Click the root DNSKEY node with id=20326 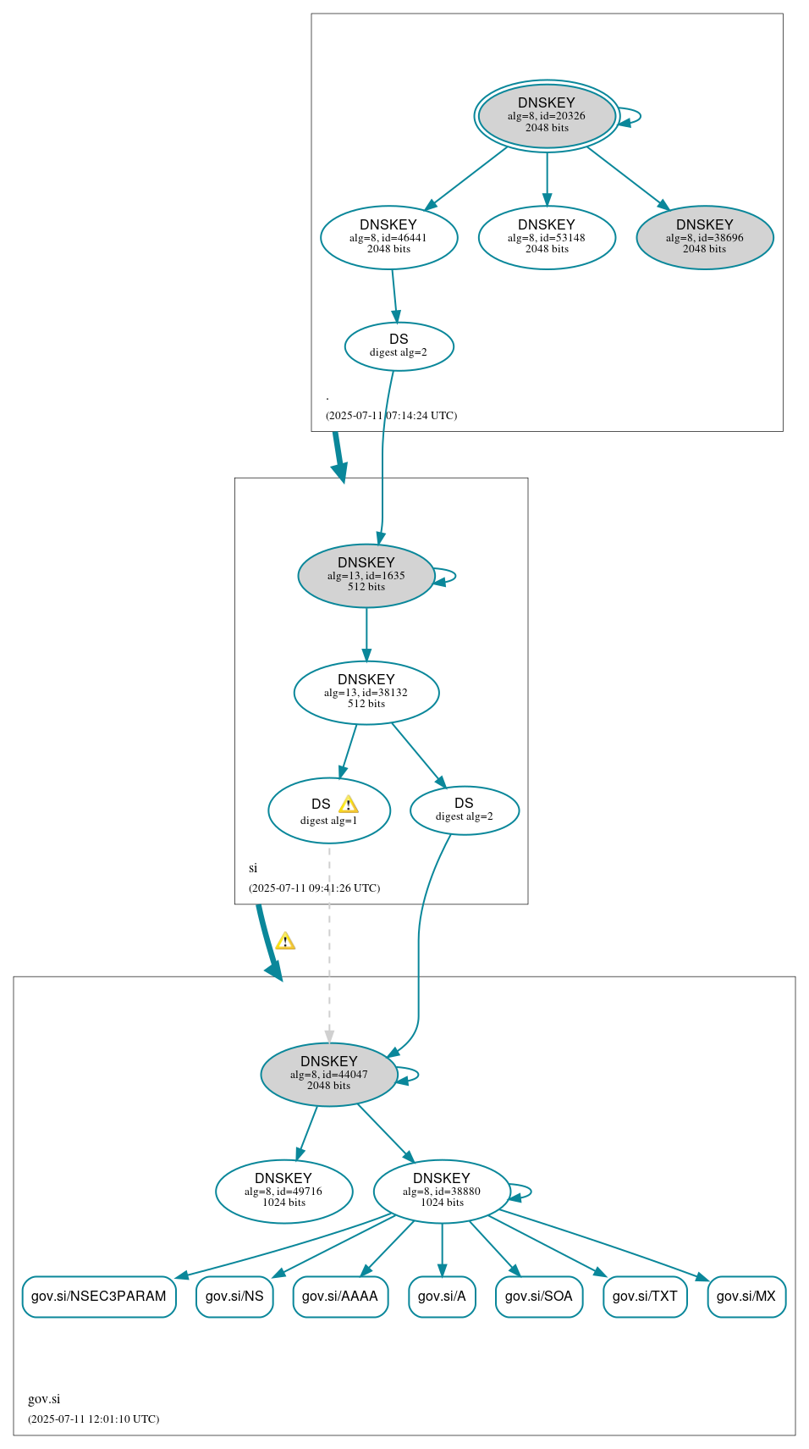point(547,116)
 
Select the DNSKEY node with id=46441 point(388,237)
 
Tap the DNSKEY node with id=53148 point(547,237)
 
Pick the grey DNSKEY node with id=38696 point(704,237)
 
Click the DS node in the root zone point(399,346)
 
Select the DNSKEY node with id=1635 point(366,575)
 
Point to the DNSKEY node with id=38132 point(366,692)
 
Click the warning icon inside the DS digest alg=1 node point(348,805)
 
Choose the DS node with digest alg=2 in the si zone point(464,810)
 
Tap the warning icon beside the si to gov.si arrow point(285,941)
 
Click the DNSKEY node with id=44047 point(328,1074)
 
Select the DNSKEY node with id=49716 point(283,1191)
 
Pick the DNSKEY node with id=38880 point(441,1191)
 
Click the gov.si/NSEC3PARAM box point(99,1296)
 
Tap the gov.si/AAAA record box point(340,1296)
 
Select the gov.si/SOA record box point(539,1296)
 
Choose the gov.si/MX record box point(746,1296)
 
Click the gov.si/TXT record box point(645,1296)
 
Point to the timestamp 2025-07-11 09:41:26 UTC point(314,888)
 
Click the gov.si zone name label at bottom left point(44,1399)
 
